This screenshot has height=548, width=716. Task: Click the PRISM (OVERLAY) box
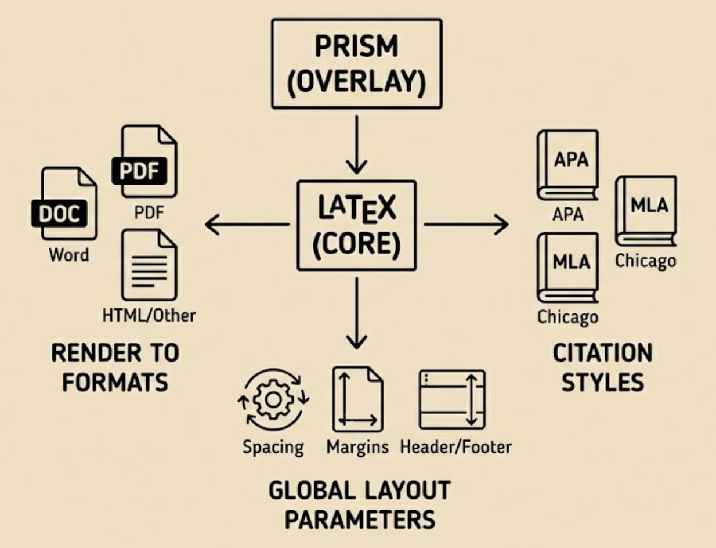[356, 64]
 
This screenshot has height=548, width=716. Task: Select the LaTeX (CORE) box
[356, 225]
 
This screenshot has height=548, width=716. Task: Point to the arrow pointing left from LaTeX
[247, 225]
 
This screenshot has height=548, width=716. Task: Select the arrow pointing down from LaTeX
[356, 313]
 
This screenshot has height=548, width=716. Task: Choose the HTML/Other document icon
[149, 264]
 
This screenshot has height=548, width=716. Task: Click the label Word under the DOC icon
[69, 255]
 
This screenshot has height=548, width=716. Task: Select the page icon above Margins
[357, 399]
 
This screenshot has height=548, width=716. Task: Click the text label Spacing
[273, 447]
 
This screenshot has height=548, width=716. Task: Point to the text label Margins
[357, 447]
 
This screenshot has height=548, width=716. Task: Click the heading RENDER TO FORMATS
[115, 367]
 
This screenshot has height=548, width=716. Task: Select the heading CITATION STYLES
[602, 367]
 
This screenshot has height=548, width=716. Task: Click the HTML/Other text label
[149, 315]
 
